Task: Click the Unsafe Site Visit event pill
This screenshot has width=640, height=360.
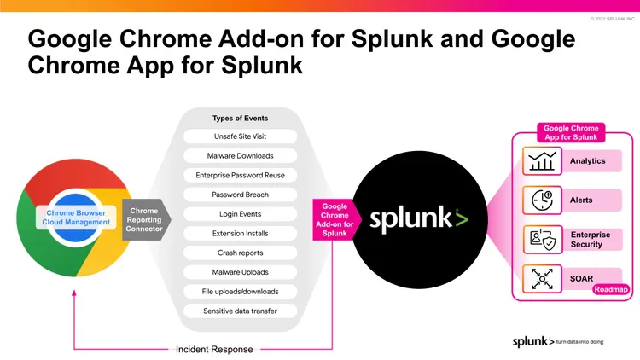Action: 240,136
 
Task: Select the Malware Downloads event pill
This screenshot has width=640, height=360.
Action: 240,156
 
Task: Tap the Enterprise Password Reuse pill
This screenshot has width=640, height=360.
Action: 240,175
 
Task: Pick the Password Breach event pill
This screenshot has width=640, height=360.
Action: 240,195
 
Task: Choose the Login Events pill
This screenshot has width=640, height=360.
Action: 240,214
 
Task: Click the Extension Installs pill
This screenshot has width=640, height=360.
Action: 240,233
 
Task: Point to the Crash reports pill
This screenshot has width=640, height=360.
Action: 240,253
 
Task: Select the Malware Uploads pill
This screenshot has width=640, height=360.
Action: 240,272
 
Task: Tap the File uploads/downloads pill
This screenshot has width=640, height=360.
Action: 240,291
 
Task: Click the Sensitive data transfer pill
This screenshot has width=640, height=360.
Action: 240,311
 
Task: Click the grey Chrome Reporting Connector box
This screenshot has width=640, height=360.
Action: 144,219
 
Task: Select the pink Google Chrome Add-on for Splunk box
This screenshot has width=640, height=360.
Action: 335,219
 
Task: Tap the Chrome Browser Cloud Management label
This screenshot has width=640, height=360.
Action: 77,217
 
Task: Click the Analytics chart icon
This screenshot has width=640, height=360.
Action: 542,161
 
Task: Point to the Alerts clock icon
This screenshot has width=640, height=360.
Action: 542,200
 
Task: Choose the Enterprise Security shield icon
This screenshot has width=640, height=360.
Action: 542,240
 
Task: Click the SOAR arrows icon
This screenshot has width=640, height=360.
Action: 542,278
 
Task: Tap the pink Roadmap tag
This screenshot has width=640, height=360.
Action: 610,289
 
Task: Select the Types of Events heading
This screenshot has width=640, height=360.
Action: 240,119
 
